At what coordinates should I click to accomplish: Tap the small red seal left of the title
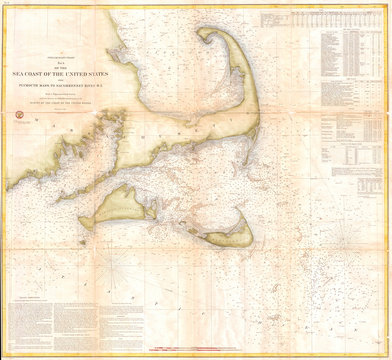tap(20, 117)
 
